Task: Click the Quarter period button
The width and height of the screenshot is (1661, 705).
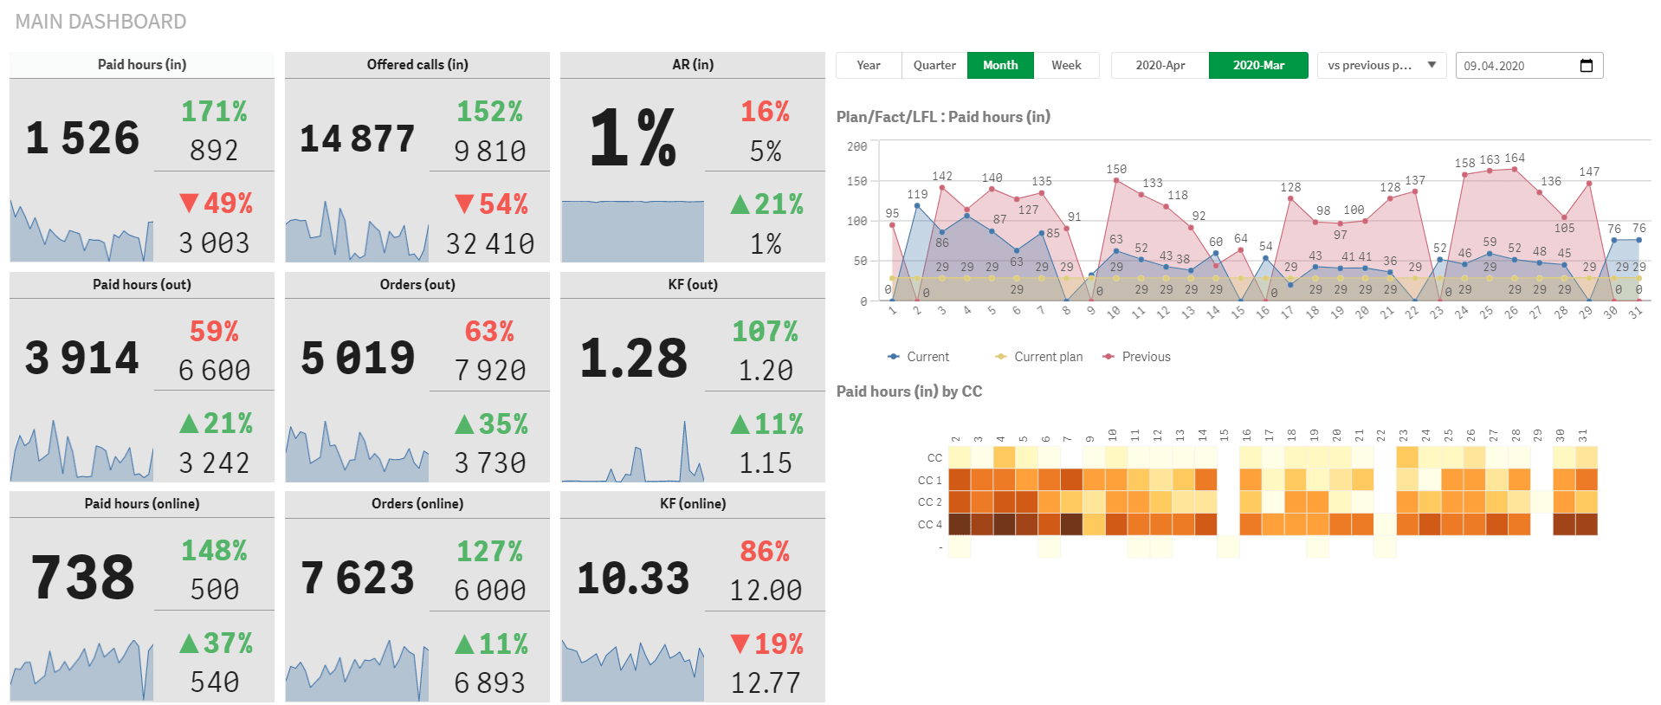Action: (934, 66)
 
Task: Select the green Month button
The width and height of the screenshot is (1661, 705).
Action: (1000, 66)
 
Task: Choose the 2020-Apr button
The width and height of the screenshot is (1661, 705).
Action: (1160, 66)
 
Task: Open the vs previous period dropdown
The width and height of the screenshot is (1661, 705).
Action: (1380, 66)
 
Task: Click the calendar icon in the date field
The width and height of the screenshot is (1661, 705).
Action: (1586, 66)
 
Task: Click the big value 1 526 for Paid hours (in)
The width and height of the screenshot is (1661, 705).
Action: (82, 139)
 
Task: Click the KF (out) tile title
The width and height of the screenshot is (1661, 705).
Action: (693, 285)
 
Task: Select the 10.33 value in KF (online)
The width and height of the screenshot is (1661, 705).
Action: (633, 579)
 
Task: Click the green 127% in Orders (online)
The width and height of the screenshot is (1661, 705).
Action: (489, 551)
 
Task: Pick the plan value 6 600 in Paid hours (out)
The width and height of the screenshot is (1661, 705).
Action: (214, 371)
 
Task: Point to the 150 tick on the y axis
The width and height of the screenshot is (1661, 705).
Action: (856, 182)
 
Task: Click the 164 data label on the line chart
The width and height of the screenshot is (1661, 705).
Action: (1515, 158)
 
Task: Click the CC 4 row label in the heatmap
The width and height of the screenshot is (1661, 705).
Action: (929, 525)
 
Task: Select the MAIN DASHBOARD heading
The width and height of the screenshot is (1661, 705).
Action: (100, 22)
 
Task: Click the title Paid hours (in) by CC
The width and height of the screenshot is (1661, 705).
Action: (908, 391)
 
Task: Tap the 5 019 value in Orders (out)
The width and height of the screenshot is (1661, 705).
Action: (358, 359)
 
